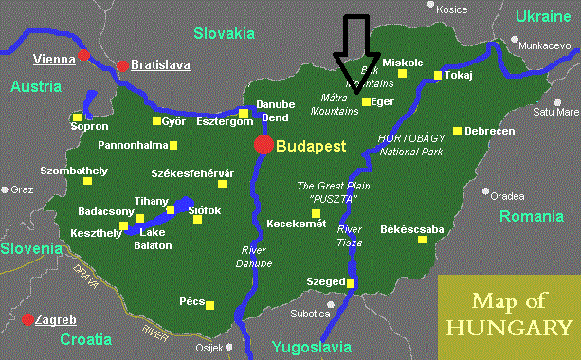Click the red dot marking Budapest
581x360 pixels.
point(263,145)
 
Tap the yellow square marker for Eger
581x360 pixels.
point(366,101)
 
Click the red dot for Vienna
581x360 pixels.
point(84,54)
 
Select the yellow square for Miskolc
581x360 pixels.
point(402,72)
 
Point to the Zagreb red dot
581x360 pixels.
point(28,320)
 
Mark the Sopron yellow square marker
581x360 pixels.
point(78,117)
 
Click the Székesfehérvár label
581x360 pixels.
point(192,173)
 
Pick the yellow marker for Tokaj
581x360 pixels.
point(437,76)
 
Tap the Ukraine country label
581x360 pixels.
point(545,16)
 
